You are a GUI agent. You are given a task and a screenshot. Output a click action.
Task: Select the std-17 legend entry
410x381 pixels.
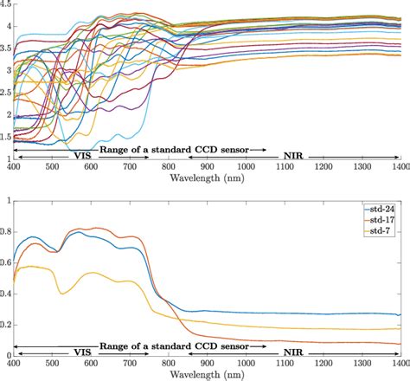pos(383,221)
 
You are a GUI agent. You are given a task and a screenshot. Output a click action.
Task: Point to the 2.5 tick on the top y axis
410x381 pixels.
pos(6,93)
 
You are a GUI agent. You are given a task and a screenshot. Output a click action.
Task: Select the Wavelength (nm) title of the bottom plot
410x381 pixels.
pos(207,375)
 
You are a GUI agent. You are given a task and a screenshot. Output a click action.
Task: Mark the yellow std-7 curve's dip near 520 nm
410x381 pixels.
pos(62,294)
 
